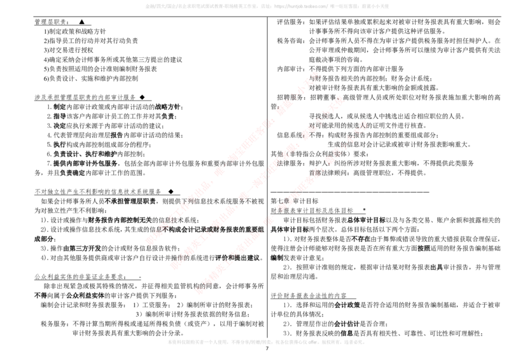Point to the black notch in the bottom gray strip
click(x=267, y=337)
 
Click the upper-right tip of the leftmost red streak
click(x=316, y=74)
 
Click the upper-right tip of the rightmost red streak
click(x=365, y=123)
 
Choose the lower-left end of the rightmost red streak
click(x=199, y=291)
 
